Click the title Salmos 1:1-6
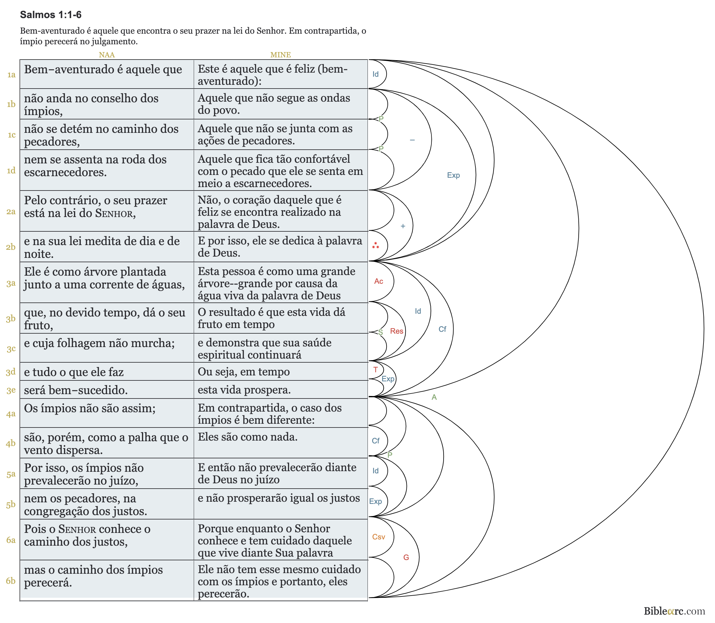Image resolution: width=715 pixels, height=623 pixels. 51,15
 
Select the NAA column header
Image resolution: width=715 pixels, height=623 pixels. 106,55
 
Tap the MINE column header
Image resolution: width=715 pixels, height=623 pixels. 280,55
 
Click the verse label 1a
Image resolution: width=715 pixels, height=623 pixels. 12,75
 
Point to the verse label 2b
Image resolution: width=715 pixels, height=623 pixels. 11,247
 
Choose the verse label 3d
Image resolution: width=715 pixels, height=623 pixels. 11,372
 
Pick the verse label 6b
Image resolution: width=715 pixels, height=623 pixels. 11,581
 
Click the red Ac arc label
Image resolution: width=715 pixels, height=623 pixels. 379,281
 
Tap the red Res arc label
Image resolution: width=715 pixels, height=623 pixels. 396,331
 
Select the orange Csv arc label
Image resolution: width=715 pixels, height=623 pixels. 378,537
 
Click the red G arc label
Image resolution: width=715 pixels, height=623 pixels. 406,557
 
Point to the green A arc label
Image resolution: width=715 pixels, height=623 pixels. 434,397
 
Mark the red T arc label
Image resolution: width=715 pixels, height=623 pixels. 376,369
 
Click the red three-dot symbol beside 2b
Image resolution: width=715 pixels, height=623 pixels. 376,245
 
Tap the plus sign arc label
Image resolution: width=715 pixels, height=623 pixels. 403,226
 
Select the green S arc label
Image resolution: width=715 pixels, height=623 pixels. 381,332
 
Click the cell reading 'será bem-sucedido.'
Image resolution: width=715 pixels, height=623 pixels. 76,390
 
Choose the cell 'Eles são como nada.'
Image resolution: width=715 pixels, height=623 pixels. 248,437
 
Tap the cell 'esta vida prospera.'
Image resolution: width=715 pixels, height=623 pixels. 244,390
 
